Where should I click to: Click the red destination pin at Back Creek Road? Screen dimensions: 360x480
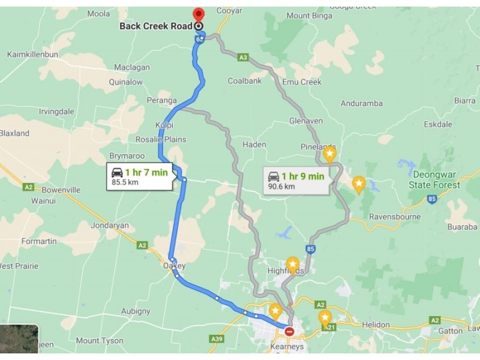point(198,14)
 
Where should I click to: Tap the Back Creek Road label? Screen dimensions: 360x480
point(156,26)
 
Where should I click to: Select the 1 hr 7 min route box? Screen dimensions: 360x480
point(140,176)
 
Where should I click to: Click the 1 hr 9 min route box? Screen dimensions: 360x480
point(296,180)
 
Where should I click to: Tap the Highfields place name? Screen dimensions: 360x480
point(287,271)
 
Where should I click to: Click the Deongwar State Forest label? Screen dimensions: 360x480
point(434,179)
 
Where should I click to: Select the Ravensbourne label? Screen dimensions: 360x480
point(395,217)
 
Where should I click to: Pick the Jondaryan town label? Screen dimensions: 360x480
point(110,226)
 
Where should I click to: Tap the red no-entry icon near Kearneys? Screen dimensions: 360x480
point(290,331)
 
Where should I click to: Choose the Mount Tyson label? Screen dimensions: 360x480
point(96,341)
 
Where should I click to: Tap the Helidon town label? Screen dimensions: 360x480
point(377,325)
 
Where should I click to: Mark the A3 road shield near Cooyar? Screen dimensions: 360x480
point(243,58)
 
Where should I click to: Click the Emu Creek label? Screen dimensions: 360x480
point(302,82)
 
